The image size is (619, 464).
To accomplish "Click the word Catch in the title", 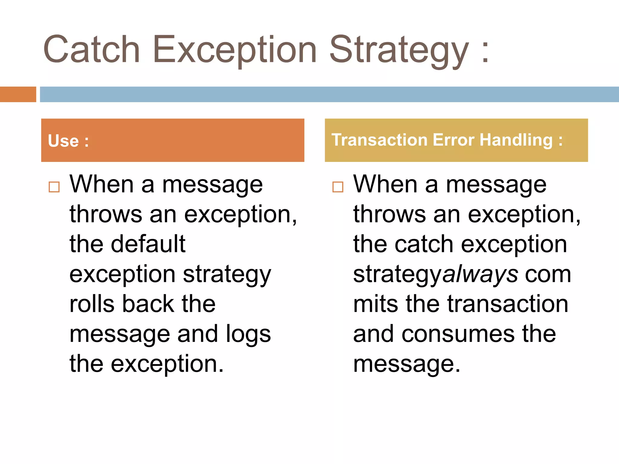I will click(92, 50).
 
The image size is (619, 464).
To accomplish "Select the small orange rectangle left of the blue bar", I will click(18, 94).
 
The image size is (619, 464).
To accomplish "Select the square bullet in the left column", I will click(54, 187).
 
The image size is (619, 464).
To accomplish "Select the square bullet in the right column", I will click(338, 187).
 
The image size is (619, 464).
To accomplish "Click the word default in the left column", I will click(148, 244).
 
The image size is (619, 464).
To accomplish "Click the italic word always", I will click(481, 274).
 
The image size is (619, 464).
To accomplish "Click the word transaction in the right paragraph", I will click(508, 304).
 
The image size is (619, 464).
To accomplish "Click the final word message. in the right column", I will click(407, 364).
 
